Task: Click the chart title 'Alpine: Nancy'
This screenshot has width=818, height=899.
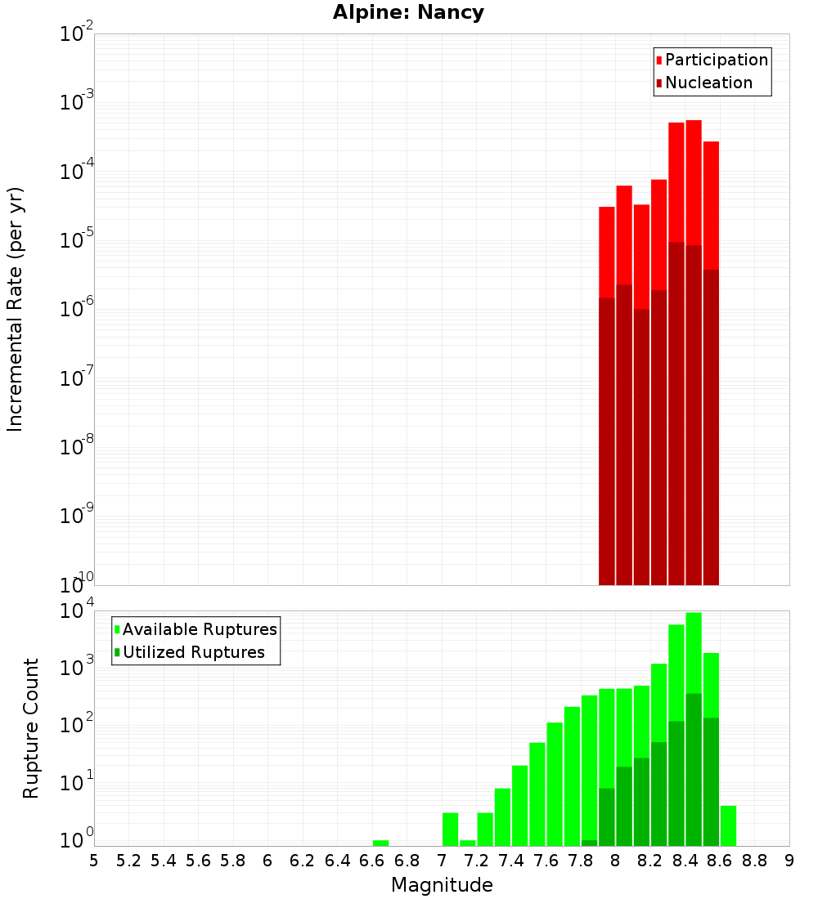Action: [408, 13]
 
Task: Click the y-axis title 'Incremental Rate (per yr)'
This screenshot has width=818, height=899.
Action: [16, 309]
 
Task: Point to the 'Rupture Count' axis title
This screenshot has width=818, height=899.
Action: [31, 727]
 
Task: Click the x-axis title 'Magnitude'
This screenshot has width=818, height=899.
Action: [442, 885]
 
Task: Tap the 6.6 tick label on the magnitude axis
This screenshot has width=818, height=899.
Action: [372, 861]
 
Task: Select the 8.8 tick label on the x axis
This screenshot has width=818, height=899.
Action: [754, 861]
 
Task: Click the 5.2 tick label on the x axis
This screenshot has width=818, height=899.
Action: [128, 861]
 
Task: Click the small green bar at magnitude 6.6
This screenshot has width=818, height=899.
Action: [380, 843]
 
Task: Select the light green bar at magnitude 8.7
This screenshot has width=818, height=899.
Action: [728, 825]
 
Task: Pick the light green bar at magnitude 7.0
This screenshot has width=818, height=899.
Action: [450, 829]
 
